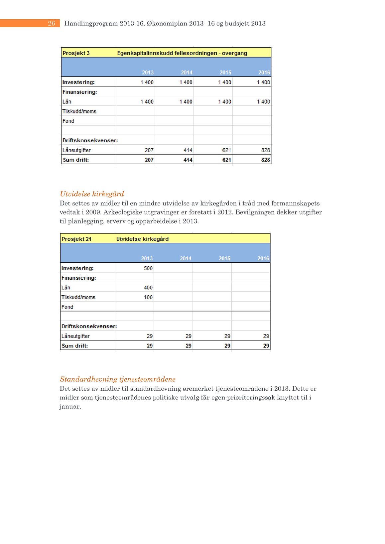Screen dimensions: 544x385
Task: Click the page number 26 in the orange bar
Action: [x=51, y=23]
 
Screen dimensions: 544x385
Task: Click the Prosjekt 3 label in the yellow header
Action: [x=76, y=53]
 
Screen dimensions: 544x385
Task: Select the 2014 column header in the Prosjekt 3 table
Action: [x=187, y=72]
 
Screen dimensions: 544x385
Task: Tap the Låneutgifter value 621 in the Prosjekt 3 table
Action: [x=226, y=150]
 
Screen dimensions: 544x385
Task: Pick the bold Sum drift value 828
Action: [x=265, y=160]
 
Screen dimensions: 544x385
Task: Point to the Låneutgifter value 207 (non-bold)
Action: [x=149, y=150]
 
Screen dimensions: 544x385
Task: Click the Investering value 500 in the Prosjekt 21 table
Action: [x=148, y=268]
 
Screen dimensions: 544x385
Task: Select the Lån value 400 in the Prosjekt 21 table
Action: [x=148, y=288]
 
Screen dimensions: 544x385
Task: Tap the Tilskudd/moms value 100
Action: [x=148, y=297]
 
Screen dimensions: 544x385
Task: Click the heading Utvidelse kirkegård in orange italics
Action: [x=92, y=194]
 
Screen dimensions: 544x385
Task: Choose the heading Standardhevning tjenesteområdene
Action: [x=118, y=379]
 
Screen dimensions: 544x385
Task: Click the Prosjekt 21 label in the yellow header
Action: [x=76, y=239]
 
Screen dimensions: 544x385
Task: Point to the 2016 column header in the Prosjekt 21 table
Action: [x=263, y=258]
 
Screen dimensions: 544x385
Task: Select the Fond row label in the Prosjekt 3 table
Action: [x=68, y=121]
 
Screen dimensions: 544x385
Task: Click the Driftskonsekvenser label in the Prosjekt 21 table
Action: [x=89, y=327]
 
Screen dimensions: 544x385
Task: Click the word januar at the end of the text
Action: [x=70, y=407]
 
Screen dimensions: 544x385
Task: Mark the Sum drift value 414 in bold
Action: [x=188, y=160]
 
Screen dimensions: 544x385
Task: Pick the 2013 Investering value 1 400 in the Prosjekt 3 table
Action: [x=147, y=82]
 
